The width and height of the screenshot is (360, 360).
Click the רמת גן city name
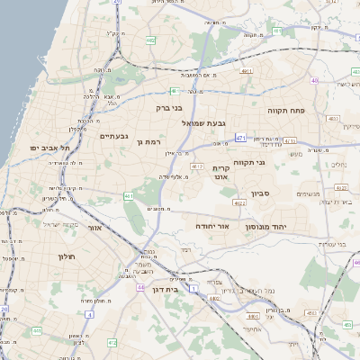pos(147,141)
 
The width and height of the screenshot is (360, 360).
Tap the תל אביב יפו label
pos(49,147)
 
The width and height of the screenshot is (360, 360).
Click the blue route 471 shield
pos(241,138)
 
